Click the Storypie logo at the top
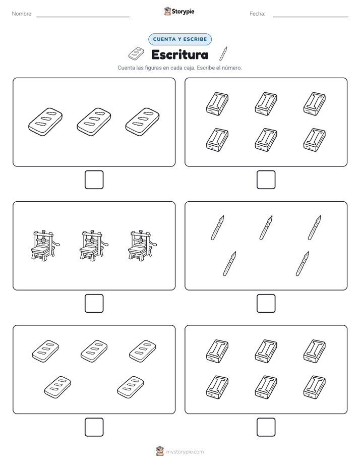coord(179,11)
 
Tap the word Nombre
coord(22,14)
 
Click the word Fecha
coord(257,14)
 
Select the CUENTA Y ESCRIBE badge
coord(180,39)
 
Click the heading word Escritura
coord(179,54)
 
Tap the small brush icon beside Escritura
coord(223,53)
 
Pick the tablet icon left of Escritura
coord(136,53)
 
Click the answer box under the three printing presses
coord(94,304)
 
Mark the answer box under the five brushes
coord(266,304)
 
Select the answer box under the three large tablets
coord(94,180)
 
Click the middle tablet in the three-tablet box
coord(94,122)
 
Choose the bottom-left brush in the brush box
coord(229,264)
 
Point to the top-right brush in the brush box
coord(315,227)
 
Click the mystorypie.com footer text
coord(185,452)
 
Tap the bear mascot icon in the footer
coord(160,451)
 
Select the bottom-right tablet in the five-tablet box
coord(131,387)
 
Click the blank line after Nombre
coord(83,17)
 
